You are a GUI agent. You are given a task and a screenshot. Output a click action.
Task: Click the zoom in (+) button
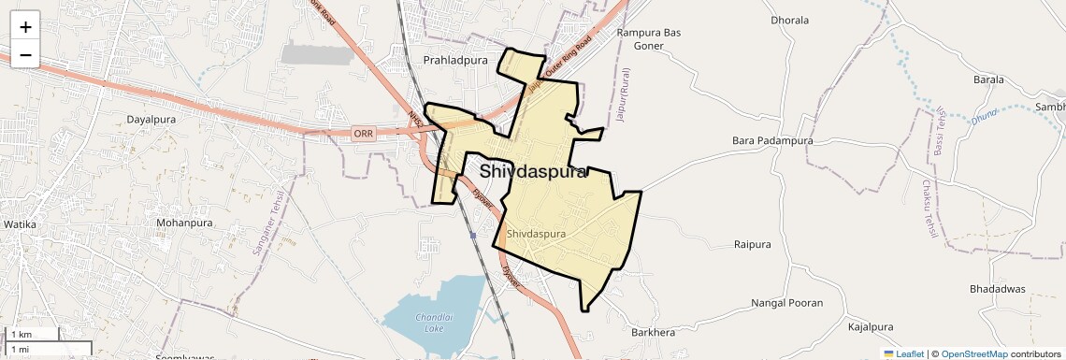25,27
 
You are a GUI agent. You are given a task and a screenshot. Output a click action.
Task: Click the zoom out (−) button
25,55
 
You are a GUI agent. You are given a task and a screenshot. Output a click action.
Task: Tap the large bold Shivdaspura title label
533,172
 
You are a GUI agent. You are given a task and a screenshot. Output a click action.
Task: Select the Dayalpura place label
152,120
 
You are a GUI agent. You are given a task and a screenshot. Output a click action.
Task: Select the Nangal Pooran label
787,303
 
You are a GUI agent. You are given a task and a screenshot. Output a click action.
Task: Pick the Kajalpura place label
872,327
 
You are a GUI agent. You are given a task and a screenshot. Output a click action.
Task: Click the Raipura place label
753,244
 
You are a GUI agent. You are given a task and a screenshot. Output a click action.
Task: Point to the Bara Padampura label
772,140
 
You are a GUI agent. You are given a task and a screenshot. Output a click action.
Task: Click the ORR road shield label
364,134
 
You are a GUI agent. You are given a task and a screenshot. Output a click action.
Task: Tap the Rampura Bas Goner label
649,38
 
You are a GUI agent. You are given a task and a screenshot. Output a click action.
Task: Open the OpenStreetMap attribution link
974,354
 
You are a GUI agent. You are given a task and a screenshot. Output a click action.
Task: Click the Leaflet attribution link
903,354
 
